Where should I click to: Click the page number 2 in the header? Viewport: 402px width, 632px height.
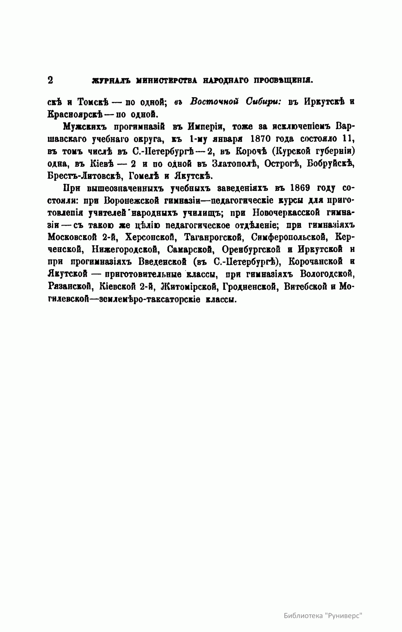[51, 80]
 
